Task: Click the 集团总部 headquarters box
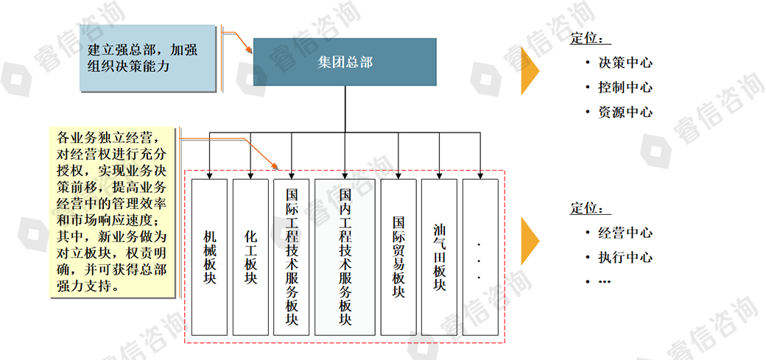tap(345, 63)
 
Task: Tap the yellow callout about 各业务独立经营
tap(113, 212)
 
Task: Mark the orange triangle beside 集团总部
tap(530, 71)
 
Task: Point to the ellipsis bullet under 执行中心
tap(604, 282)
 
